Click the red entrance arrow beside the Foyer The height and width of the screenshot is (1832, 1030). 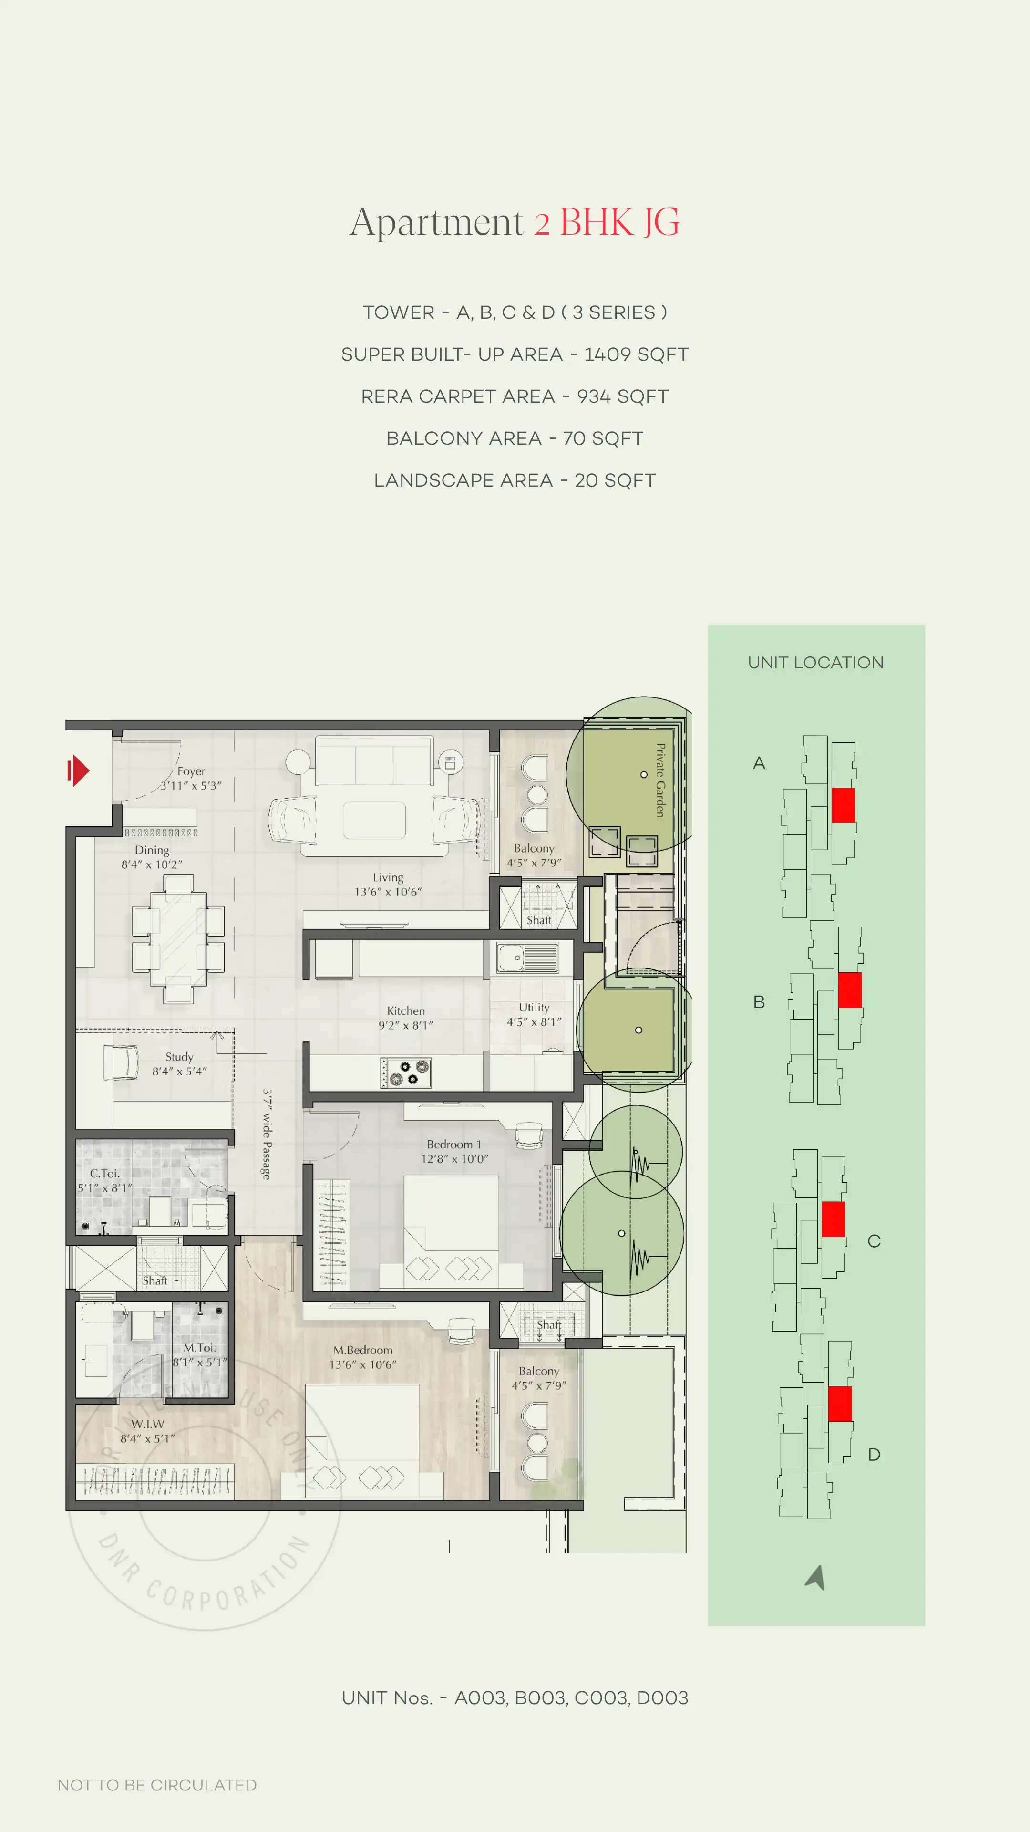pos(78,770)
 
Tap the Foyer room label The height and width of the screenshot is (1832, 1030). pos(191,771)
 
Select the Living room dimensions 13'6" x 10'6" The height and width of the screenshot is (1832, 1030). pos(388,892)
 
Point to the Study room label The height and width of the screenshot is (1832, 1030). pos(179,1057)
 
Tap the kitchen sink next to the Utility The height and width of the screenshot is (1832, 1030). pos(527,957)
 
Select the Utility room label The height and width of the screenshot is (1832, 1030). pos(534,1008)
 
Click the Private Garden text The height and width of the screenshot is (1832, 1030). pos(660,780)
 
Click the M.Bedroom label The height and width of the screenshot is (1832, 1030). pos(362,1350)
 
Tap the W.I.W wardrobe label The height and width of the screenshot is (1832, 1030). pos(147,1424)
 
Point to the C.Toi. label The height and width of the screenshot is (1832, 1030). pos(104,1174)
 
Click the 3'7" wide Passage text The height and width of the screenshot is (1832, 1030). pos(267,1135)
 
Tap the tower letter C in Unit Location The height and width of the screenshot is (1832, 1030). pos(874,1241)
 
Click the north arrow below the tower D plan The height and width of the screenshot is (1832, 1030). pos(816,1577)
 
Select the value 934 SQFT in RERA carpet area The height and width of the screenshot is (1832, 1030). pos(622,396)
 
